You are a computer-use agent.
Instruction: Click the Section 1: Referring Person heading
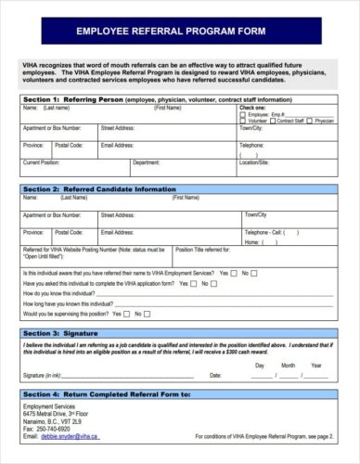(66, 98)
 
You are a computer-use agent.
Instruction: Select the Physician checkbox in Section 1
(311, 121)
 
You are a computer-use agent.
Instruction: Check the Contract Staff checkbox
(273, 121)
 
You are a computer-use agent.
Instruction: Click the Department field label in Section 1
(146, 162)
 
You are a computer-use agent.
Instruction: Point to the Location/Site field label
(254, 162)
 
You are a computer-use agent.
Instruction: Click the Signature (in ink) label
(42, 376)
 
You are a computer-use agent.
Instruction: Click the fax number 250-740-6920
(54, 428)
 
